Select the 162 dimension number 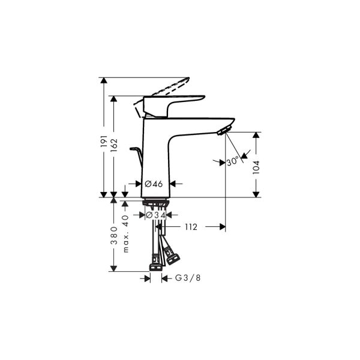(x=114, y=146)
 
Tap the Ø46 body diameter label (x=155, y=184)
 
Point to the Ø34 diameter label (x=156, y=215)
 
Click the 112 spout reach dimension (x=191, y=227)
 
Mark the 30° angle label (x=233, y=160)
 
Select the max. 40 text (x=125, y=232)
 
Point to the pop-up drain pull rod (x=137, y=157)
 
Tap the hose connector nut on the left (x=154, y=262)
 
